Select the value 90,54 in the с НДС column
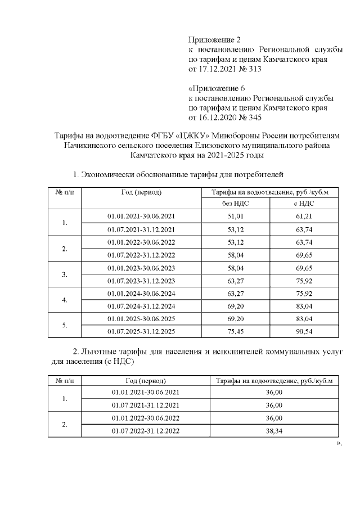click(x=303, y=331)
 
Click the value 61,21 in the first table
click(x=303, y=216)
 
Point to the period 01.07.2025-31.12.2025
click(x=141, y=331)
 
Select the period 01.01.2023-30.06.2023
click(x=141, y=267)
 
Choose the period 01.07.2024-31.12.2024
click(x=141, y=305)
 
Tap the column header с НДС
click(x=303, y=203)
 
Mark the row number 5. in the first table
click(x=65, y=325)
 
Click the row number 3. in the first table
click(x=65, y=274)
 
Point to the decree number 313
click(x=254, y=69)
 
